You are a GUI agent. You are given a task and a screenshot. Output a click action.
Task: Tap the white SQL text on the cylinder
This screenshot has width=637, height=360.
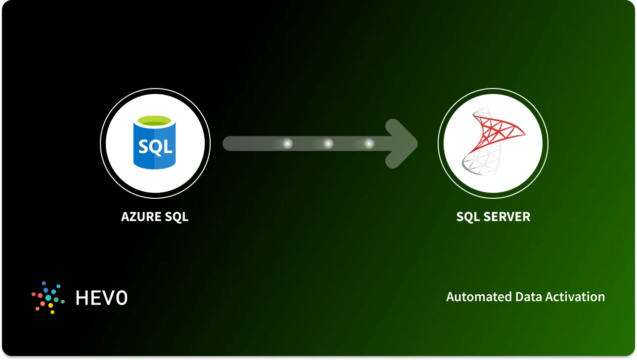click(x=155, y=146)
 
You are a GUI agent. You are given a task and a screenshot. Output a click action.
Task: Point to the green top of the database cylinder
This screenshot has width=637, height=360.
click(x=155, y=120)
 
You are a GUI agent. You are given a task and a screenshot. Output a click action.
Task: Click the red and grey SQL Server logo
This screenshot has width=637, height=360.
click(x=493, y=143)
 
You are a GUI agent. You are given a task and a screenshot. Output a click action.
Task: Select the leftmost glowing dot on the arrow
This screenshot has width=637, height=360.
click(x=287, y=143)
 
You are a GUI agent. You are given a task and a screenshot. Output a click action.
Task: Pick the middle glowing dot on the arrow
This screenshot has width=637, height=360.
click(x=328, y=143)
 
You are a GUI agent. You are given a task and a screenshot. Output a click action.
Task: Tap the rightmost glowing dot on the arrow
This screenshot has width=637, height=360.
click(x=368, y=143)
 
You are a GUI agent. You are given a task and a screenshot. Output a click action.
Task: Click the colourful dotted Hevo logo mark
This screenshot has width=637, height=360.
click(x=48, y=297)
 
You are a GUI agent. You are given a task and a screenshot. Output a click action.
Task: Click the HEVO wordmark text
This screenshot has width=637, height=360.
click(x=101, y=297)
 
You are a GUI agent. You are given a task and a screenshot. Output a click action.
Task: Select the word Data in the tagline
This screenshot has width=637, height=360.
click(x=529, y=297)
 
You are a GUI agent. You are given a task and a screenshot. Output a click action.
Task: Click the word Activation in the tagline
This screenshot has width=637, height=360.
click(x=576, y=297)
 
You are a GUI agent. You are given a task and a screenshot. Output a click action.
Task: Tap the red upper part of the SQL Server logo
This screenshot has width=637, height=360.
click(x=500, y=126)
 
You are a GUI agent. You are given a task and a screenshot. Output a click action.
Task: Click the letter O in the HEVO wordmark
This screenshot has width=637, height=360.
click(x=121, y=297)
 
